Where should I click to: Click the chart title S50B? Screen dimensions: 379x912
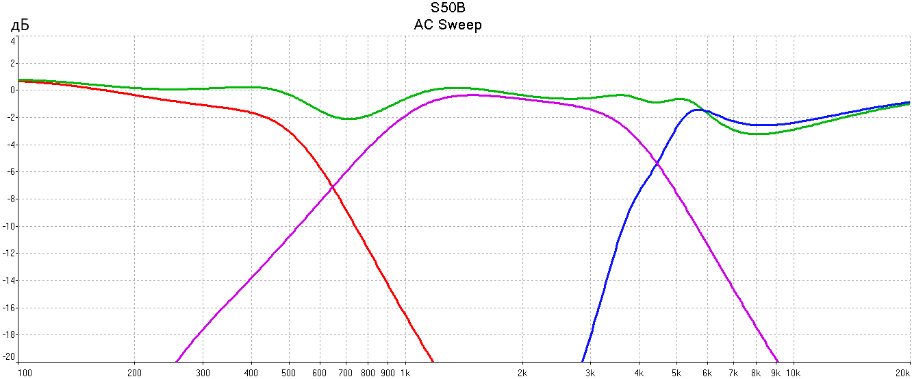tap(448, 8)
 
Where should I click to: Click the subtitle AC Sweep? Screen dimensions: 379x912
tap(448, 25)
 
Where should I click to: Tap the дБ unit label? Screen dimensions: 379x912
tap(18, 26)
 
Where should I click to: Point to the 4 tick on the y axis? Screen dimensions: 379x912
tap(12, 40)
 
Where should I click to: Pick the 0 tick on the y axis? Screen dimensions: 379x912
tap(12, 90)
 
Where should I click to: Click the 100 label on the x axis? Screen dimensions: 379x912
tap(25, 373)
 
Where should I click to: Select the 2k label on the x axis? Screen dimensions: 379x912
tap(522, 373)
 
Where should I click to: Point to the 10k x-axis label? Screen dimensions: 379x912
tap(792, 373)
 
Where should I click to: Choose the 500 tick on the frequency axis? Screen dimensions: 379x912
tap(289, 373)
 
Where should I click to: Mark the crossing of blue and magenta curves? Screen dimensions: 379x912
tap(657, 162)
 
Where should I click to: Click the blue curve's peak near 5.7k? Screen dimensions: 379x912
tap(698, 110)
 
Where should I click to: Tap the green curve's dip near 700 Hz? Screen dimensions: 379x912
tap(349, 119)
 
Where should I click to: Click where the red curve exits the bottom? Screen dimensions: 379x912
tap(433, 361)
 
